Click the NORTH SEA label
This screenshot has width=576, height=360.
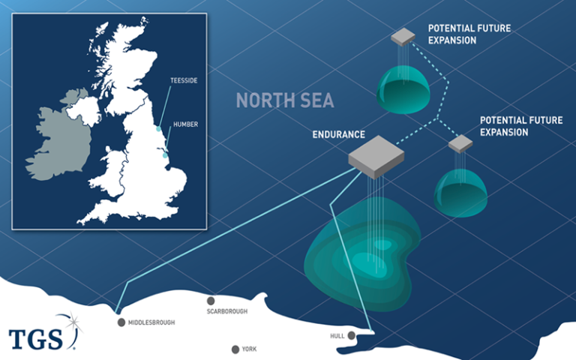coord(285,100)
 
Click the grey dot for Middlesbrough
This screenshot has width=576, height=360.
coord(121,322)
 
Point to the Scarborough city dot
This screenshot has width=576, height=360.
coord(211,300)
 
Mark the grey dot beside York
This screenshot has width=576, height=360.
coord(235,349)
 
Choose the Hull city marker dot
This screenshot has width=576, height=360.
coord(351,335)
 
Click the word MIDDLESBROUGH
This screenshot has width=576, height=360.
coord(151,322)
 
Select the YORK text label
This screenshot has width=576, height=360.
coord(250,349)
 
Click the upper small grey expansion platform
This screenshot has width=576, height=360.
coord(403,36)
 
